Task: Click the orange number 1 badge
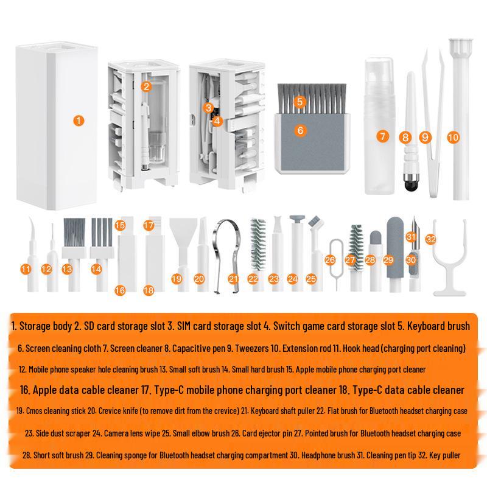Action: (x=79, y=121)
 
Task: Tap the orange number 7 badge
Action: (x=382, y=136)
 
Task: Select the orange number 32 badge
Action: (x=431, y=239)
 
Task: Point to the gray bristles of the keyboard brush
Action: (x=312, y=98)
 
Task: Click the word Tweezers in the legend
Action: (x=251, y=348)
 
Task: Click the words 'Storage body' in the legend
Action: (x=45, y=326)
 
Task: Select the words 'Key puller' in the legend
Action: (x=445, y=455)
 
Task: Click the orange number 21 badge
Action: (x=233, y=279)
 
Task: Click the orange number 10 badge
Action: (x=453, y=137)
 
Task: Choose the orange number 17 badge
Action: (x=149, y=225)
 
